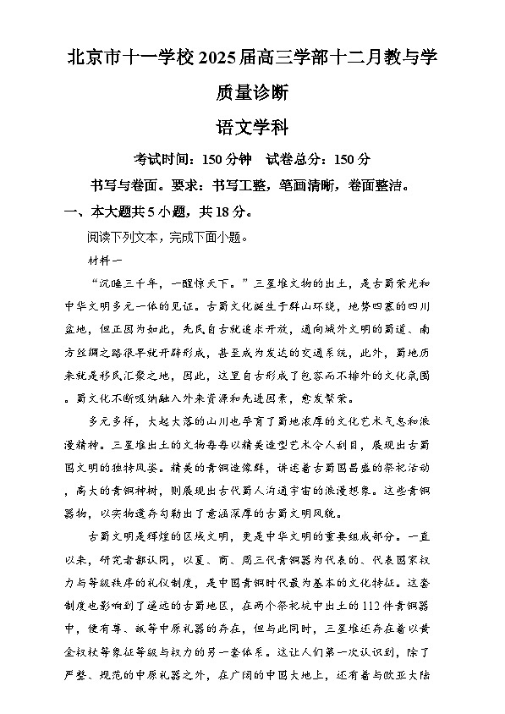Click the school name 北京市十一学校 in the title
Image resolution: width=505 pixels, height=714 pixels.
pos(131,58)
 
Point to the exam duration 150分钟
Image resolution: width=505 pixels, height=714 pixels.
pos(224,159)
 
